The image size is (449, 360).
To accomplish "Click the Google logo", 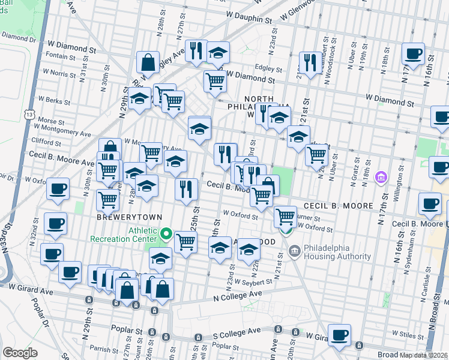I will [20, 353].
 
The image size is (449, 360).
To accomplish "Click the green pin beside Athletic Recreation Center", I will [169, 235].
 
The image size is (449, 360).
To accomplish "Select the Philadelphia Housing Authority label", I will [338, 252].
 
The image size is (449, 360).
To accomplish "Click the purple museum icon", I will [380, 177].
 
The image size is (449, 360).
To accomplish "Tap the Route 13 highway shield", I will [29, 113].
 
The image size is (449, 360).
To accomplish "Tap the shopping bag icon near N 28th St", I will [148, 62].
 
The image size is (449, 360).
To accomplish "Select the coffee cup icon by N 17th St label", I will [413, 53].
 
